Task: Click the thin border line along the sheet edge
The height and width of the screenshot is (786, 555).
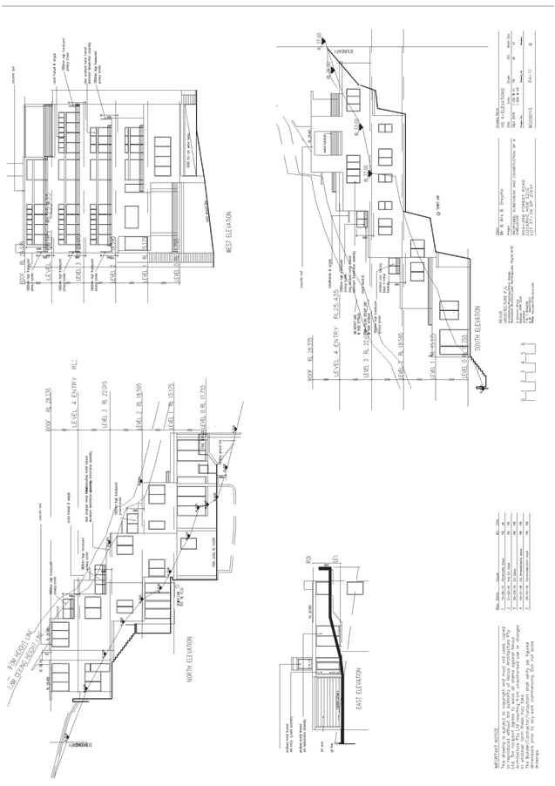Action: click(277, 7)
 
